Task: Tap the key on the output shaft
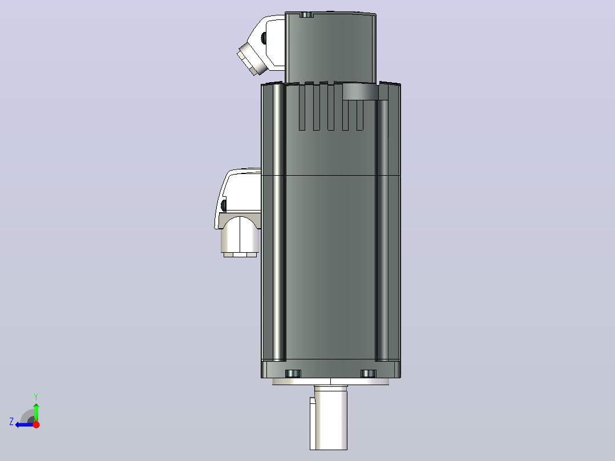[x=313, y=423]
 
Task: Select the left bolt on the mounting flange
[x=293, y=374]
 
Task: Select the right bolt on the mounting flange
[x=369, y=374]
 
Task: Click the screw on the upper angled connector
[x=264, y=38]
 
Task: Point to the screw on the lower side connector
[x=224, y=205]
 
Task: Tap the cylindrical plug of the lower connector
[x=240, y=236]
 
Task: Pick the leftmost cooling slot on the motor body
[x=302, y=107]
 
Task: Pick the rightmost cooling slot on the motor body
[x=359, y=115]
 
